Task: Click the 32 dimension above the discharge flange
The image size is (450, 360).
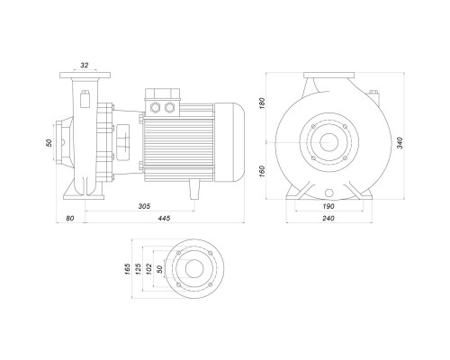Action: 85,65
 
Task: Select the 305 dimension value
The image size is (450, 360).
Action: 144,206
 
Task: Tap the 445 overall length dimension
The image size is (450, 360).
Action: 165,218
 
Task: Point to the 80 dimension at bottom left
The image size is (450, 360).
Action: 70,218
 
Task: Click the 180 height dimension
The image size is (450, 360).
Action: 262,103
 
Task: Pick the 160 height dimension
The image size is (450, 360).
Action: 262,171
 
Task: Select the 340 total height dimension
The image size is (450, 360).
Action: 400,143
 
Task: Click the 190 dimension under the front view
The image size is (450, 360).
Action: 328,206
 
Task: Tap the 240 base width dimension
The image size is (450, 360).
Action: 328,218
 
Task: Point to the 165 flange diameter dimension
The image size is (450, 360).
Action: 128,269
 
